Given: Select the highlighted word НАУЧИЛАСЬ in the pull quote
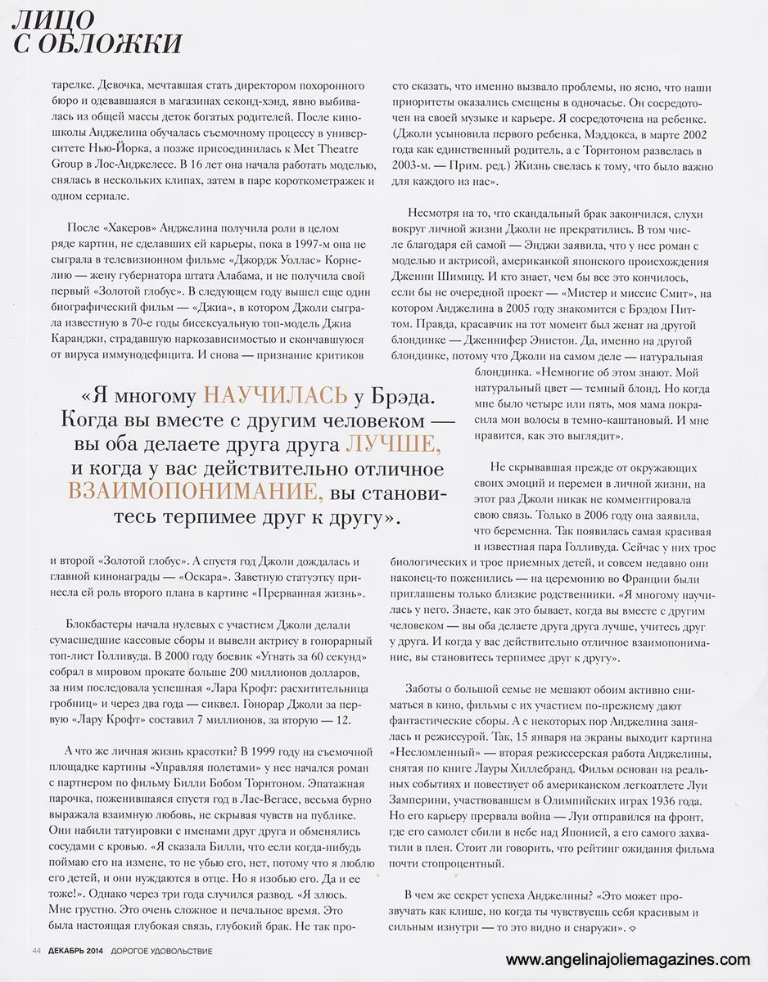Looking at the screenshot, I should [x=276, y=395].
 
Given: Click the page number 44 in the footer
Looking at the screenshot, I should [x=37, y=950].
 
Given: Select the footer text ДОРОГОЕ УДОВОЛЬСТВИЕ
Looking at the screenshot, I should [x=162, y=950].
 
